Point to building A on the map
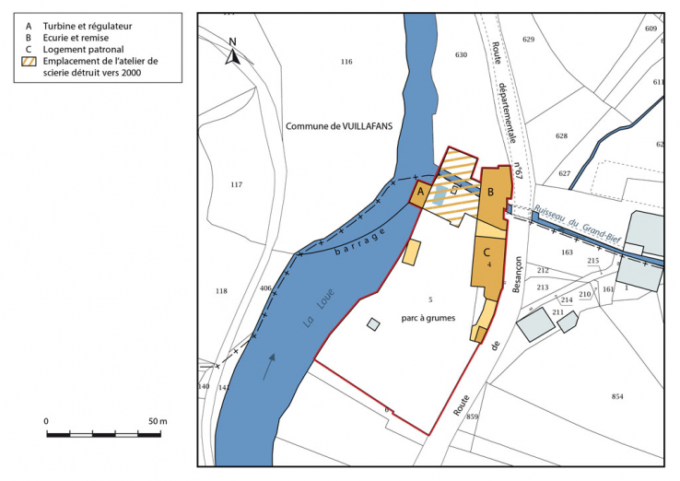(x=419, y=193)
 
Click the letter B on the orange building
(x=491, y=192)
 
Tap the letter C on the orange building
(x=486, y=251)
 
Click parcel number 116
(x=346, y=62)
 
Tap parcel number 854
(x=616, y=396)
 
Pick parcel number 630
(x=461, y=55)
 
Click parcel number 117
(x=236, y=185)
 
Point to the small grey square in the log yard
(x=373, y=324)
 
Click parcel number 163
(x=567, y=252)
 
